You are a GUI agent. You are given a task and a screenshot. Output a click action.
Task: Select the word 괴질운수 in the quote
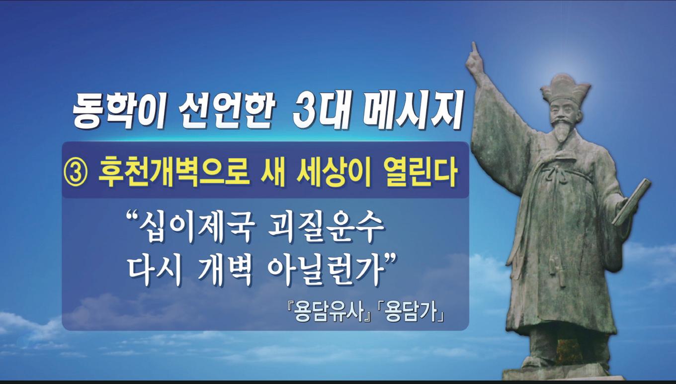(326, 228)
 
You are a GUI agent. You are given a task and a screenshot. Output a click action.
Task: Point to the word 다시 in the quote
(155, 270)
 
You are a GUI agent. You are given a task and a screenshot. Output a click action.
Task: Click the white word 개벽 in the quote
(225, 270)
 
